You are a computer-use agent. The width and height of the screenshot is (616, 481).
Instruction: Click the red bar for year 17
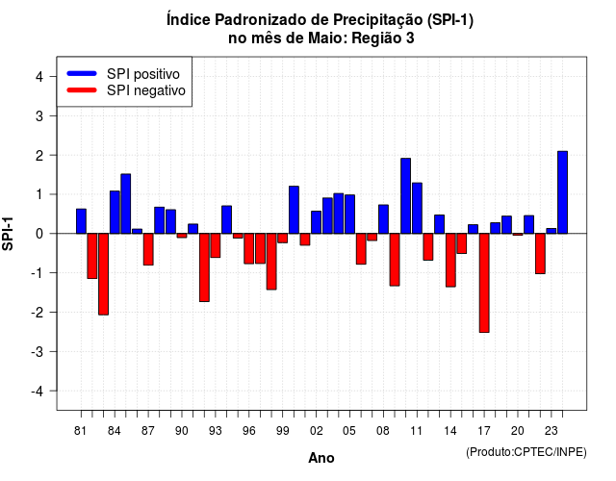click(484, 283)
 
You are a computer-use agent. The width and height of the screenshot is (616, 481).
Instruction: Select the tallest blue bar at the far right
click(562, 192)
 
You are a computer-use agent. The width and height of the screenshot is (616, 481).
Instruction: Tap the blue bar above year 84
click(115, 212)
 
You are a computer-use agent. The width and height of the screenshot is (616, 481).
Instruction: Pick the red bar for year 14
click(450, 260)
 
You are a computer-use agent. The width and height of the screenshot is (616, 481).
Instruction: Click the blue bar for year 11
click(417, 208)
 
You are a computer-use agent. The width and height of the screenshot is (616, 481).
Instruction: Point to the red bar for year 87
click(148, 249)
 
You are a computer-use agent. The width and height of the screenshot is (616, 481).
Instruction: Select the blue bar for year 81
click(81, 221)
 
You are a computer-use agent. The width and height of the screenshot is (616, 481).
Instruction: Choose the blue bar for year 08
click(383, 219)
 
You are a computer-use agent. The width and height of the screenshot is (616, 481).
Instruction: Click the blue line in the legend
click(82, 73)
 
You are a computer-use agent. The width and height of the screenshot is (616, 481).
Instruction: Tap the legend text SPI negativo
click(146, 90)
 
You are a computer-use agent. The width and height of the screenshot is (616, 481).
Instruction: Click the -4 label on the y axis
click(38, 391)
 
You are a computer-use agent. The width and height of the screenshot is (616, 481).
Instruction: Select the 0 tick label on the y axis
click(38, 234)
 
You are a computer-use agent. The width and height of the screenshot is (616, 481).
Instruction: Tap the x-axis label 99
click(282, 431)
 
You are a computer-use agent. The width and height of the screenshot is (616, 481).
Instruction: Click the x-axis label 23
click(552, 431)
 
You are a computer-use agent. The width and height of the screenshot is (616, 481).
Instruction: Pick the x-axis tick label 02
click(317, 431)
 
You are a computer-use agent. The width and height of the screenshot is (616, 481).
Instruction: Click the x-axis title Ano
click(321, 458)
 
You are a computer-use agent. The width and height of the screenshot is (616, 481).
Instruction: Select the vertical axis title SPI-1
click(8, 234)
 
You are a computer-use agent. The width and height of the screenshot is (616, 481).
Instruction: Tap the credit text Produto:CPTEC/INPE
click(526, 452)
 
